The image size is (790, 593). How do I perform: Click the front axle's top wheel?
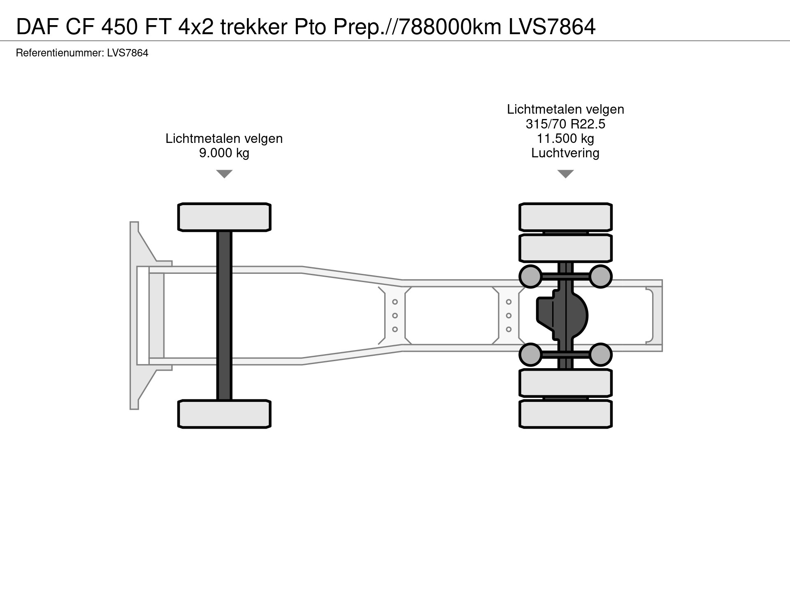click(x=224, y=217)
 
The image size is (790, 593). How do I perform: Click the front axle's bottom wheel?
click(x=224, y=414)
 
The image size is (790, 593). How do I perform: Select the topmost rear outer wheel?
click(x=565, y=217)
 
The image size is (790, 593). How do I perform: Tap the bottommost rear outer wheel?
click(x=565, y=414)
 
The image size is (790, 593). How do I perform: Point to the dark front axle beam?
click(x=224, y=315)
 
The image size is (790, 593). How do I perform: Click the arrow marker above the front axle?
click(x=224, y=174)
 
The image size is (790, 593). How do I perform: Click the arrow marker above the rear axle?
click(x=565, y=174)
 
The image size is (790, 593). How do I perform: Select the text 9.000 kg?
click(x=224, y=153)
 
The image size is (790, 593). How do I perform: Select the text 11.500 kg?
click(x=565, y=138)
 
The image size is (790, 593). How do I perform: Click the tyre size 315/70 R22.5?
click(x=565, y=124)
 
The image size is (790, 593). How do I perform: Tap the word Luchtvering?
click(x=565, y=153)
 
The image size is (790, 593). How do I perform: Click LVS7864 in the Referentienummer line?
click(x=128, y=53)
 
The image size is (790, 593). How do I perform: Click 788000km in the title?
click(x=450, y=27)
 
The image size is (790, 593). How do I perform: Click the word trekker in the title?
click(x=254, y=27)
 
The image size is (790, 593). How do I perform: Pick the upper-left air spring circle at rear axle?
click(x=530, y=276)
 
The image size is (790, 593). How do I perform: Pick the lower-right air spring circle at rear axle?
click(x=600, y=355)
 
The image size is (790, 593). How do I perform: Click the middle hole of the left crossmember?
click(x=395, y=315)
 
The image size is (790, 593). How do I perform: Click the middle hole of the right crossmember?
click(x=509, y=315)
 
